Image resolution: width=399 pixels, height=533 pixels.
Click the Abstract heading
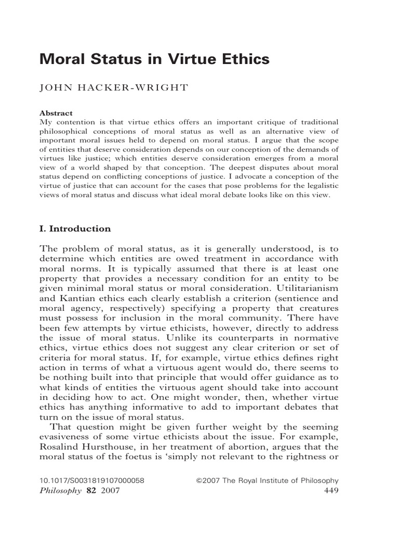tap(56, 113)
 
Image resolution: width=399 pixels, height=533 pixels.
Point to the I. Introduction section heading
tap(75, 229)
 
